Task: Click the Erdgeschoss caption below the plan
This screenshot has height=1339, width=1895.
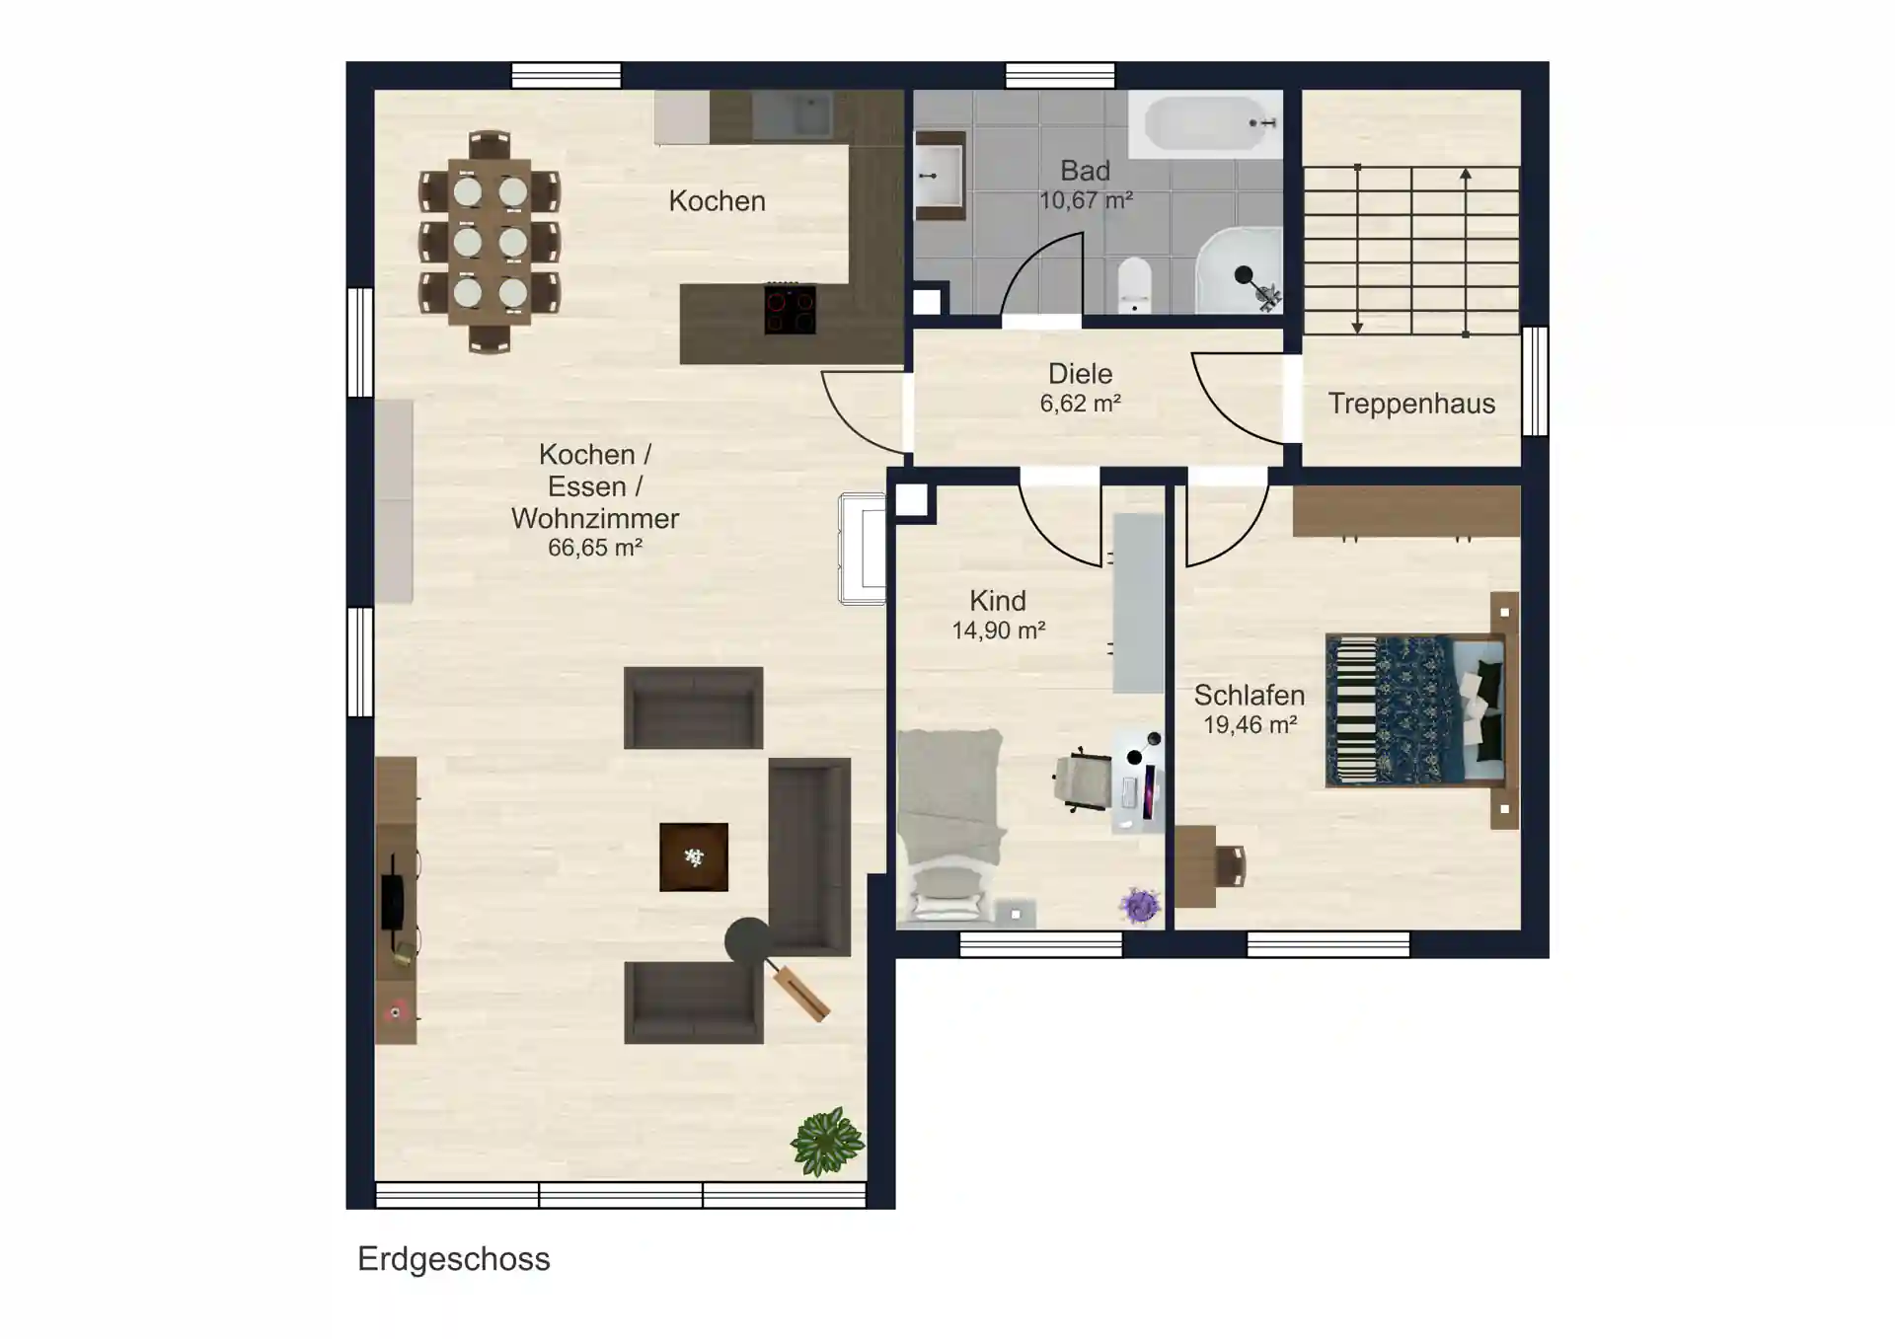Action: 454,1260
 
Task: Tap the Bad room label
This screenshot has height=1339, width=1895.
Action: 1085,171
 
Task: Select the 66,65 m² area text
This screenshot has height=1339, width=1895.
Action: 595,548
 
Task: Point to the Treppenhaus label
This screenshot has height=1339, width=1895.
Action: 1411,404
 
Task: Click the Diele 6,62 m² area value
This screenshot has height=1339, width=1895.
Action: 1080,404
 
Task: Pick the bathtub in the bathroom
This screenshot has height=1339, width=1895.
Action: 1205,124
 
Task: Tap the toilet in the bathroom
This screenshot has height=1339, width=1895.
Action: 1135,284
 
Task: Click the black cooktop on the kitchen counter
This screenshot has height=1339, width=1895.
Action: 791,309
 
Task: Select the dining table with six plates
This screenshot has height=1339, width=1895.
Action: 490,242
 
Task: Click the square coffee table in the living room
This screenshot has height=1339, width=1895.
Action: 694,857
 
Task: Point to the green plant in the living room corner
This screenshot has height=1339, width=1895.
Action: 827,1142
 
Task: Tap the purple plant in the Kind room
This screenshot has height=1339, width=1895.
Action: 1140,905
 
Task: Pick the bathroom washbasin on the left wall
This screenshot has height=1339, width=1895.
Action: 940,176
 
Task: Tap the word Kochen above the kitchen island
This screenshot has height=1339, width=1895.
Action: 717,201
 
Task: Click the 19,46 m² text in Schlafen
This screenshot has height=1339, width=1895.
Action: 1250,725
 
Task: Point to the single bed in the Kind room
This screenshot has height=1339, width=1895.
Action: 949,827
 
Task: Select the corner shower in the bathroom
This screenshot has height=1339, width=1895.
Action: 1240,270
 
